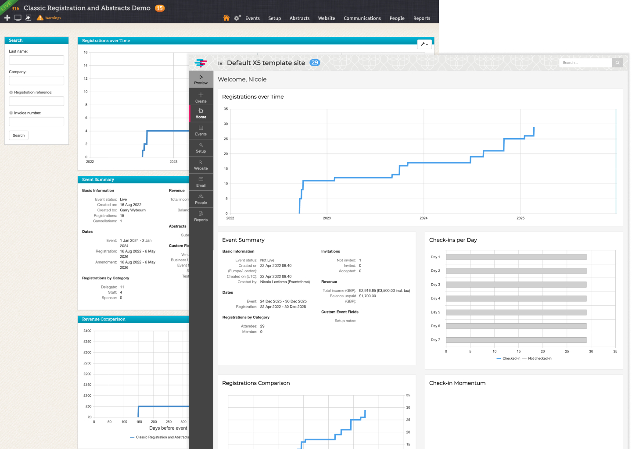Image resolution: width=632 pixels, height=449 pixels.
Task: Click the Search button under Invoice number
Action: [18, 135]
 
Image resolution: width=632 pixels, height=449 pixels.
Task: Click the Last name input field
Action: [36, 60]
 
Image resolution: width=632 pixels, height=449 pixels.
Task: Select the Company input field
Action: [36, 81]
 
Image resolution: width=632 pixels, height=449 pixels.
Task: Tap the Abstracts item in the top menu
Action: [299, 18]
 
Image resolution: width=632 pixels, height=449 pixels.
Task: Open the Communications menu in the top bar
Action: [362, 18]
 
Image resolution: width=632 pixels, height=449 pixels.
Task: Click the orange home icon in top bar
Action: [226, 18]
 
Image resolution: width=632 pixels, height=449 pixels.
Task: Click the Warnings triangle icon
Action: [40, 18]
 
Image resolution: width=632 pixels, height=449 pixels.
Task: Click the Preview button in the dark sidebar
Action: [201, 79]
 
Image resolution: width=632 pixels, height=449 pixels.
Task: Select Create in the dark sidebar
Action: [201, 97]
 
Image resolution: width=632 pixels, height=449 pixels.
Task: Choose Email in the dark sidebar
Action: [201, 182]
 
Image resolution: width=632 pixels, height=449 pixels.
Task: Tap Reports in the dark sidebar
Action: [201, 216]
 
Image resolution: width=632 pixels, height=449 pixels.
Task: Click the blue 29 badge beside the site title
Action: [315, 63]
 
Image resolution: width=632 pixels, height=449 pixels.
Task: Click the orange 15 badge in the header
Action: [160, 8]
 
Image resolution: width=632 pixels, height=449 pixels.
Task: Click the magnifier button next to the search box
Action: [618, 63]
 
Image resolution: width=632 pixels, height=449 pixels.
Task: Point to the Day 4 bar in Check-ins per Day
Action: [516, 299]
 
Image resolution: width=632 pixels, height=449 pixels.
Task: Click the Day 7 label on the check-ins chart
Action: [435, 340]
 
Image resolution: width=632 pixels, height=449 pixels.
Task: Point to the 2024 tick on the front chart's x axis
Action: [424, 218]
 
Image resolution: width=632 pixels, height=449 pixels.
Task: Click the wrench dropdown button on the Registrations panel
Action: [424, 44]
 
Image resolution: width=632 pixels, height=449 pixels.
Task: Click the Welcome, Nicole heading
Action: [242, 79]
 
